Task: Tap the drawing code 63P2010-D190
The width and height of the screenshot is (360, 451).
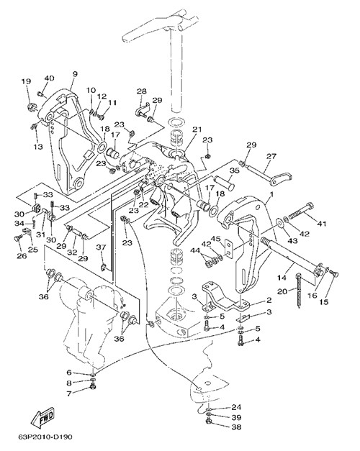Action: click(x=45, y=437)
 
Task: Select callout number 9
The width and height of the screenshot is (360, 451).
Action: click(x=75, y=74)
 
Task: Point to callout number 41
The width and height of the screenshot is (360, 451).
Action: click(x=321, y=223)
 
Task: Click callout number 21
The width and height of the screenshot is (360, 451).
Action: click(x=197, y=129)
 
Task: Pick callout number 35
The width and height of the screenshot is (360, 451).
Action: click(x=235, y=170)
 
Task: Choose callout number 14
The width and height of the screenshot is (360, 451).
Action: click(x=282, y=278)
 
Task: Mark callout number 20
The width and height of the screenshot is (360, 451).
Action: click(x=282, y=291)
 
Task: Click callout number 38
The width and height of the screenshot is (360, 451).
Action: click(x=236, y=427)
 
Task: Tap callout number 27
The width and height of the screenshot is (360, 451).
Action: click(x=271, y=156)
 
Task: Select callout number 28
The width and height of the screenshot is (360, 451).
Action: click(x=141, y=91)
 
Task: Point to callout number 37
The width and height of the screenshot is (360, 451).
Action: click(x=101, y=247)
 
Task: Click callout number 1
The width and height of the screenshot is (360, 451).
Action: click(x=271, y=194)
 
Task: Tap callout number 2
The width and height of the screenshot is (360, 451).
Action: click(x=269, y=300)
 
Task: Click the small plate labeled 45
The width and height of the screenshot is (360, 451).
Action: click(x=228, y=248)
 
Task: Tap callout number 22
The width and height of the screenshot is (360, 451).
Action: click(x=144, y=204)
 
